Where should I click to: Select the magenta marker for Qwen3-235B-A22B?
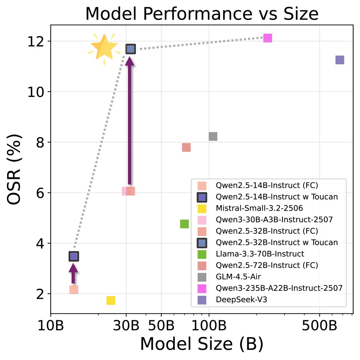pyautogui.click(x=267, y=38)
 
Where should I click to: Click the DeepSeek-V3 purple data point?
pyautogui.click(x=339, y=60)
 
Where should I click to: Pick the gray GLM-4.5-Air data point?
pyautogui.click(x=213, y=136)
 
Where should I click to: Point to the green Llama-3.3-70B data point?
pyautogui.click(x=184, y=224)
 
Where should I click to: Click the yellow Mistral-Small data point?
pyautogui.click(x=110, y=300)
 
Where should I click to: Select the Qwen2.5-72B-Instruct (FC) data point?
pyautogui.click(x=186, y=147)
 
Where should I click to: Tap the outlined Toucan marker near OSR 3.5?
pyautogui.click(x=74, y=256)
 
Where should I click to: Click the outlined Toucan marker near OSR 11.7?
pyautogui.click(x=130, y=49)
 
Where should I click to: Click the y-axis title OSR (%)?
pyautogui.click(x=15, y=170)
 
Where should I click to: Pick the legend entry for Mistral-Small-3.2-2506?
pyautogui.click(x=259, y=208)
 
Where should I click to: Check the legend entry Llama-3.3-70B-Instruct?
pyautogui.click(x=260, y=254)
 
